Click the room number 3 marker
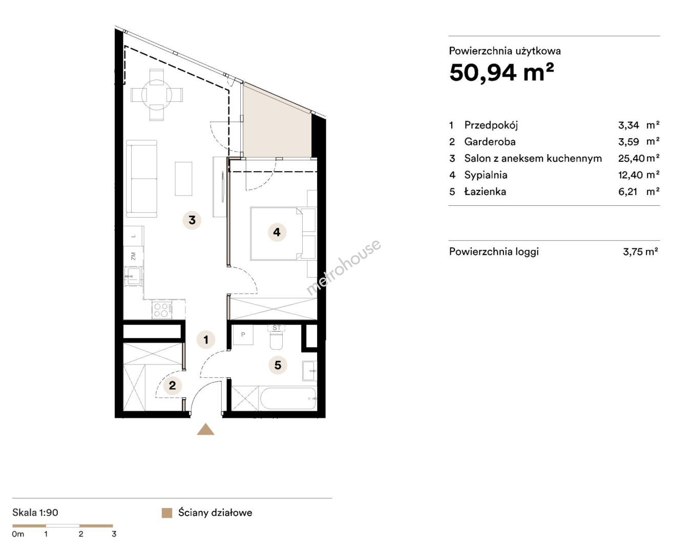click(192, 220)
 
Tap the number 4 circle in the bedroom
click(277, 232)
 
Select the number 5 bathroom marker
click(278, 365)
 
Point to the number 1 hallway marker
click(206, 339)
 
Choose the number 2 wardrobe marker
click(172, 385)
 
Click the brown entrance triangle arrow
click(206, 429)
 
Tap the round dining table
click(157, 95)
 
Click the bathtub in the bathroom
click(287, 398)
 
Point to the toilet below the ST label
click(276, 340)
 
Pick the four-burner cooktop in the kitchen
click(162, 310)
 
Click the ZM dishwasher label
click(134, 256)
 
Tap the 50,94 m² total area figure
click(501, 73)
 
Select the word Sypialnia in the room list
click(486, 175)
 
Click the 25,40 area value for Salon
click(632, 158)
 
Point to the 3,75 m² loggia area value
click(640, 251)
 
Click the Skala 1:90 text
click(35, 513)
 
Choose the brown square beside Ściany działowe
click(166, 513)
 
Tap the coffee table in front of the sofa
click(183, 179)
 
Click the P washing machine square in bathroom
click(243, 335)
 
